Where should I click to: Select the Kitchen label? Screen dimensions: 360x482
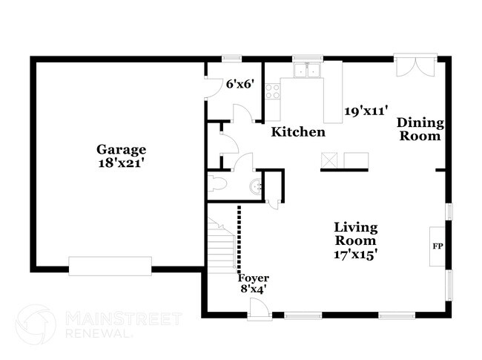coord(297,132)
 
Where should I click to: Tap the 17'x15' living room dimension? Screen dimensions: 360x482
coord(355,255)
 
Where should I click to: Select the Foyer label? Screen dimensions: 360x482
coord(253,278)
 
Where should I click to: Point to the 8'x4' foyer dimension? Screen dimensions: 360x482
coord(253,289)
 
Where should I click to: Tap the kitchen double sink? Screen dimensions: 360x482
coord(306,71)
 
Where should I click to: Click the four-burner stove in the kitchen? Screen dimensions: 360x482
coord(273,91)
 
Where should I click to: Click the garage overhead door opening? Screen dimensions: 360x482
coord(110,265)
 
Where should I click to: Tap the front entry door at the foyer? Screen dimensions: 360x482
coord(260,310)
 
